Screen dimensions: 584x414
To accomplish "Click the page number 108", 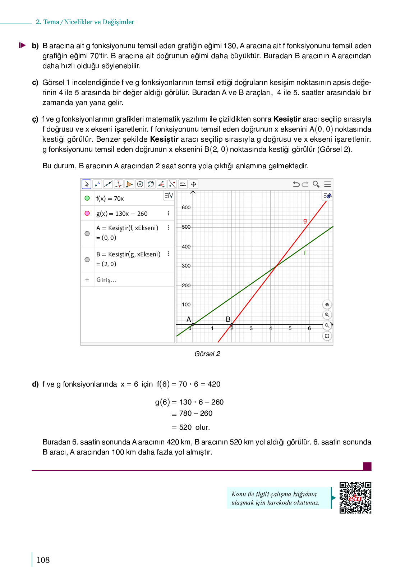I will pyautogui.click(x=43, y=560).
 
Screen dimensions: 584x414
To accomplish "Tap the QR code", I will pyautogui.click(x=355, y=498).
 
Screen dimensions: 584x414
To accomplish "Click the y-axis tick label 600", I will pyautogui.click(x=186, y=207).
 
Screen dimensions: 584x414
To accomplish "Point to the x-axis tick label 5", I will pyautogui.click(x=290, y=328).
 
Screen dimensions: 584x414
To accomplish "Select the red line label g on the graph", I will pyautogui.click(x=305, y=221).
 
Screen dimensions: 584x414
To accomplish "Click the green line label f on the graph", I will pyautogui.click(x=305, y=253).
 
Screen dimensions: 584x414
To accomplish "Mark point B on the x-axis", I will pyautogui.click(x=231, y=324).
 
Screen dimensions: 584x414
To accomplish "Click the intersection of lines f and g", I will pyautogui.click(x=276, y=266).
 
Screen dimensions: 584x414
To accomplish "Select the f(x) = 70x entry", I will pyautogui.click(x=110, y=199).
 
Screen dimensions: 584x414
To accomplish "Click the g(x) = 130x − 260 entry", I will pyautogui.click(x=122, y=214).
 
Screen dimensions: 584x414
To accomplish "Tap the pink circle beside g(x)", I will pyautogui.click(x=87, y=213).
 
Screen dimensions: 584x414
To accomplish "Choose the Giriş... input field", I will pyautogui.click(x=106, y=280).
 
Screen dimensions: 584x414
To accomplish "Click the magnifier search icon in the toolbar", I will pyautogui.click(x=316, y=184).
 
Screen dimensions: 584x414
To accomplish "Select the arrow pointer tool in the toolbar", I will pyautogui.click(x=86, y=184).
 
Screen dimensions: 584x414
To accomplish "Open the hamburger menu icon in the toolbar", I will pyautogui.click(x=327, y=184).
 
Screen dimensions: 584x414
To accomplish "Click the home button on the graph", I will pyautogui.click(x=327, y=305).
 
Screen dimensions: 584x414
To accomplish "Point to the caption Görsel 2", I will pyautogui.click(x=207, y=354).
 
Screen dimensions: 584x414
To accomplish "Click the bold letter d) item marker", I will pyautogui.click(x=35, y=384).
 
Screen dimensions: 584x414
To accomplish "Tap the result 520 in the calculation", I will pyautogui.click(x=185, y=427).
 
